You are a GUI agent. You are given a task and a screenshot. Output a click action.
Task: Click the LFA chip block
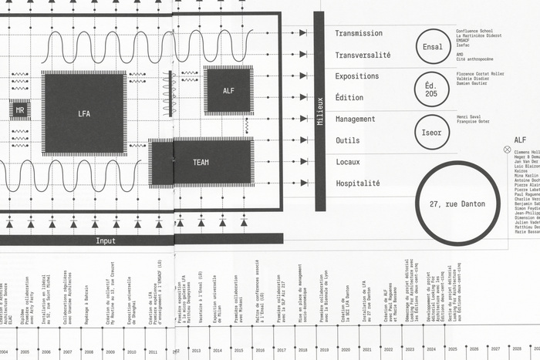[x=84, y=113]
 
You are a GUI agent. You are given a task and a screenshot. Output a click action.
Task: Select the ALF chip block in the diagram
[x=228, y=91]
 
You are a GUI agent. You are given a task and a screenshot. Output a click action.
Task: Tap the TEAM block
[x=201, y=163]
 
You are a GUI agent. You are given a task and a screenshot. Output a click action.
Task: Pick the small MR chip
[x=20, y=111]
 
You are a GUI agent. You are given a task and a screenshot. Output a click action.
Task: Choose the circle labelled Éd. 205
[x=431, y=89]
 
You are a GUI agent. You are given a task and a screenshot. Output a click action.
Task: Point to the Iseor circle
[x=431, y=132]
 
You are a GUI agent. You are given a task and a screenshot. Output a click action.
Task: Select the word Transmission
[x=359, y=34]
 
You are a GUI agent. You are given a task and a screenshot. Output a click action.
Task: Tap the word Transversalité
[x=363, y=56]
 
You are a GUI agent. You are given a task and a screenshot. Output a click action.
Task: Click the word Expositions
[x=357, y=76]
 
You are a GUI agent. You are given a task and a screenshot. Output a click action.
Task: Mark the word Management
[x=355, y=119]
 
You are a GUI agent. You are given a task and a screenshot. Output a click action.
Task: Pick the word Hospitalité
[x=357, y=183]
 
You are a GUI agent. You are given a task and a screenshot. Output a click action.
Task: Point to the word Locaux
[x=348, y=162]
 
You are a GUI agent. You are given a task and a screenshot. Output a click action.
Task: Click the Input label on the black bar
[x=106, y=241]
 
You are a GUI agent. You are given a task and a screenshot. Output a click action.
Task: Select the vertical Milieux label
[x=319, y=112]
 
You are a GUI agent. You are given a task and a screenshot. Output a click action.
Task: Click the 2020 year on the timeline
[x=346, y=350]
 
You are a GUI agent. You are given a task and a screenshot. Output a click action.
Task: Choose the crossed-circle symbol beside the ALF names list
[x=507, y=150]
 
